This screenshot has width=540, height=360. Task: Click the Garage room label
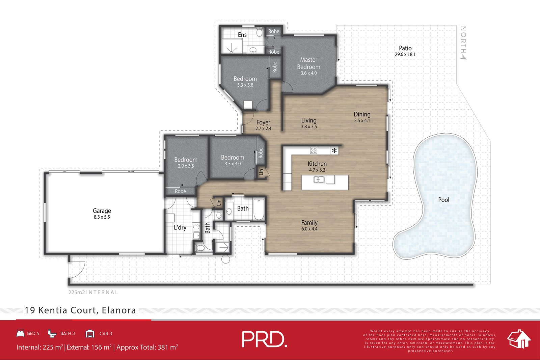102,211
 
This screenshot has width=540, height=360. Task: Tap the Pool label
443,200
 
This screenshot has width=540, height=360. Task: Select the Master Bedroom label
308,63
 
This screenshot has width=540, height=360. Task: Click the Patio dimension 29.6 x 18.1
405,54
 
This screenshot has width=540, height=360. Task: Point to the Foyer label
263,122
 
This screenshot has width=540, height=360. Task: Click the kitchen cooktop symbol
314,150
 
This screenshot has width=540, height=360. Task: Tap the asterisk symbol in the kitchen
334,151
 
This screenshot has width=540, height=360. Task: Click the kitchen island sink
319,179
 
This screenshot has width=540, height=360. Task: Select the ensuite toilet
260,32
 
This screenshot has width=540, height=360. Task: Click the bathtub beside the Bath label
259,209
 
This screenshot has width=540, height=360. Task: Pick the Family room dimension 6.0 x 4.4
309,229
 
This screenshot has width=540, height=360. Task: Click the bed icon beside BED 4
20,333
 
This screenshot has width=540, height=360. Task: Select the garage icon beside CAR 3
90,333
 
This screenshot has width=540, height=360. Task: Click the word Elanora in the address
119,310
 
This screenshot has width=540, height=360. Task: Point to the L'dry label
180,227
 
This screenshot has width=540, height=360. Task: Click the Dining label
362,114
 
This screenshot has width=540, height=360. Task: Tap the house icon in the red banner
519,339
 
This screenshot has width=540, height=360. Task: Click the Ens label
242,35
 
